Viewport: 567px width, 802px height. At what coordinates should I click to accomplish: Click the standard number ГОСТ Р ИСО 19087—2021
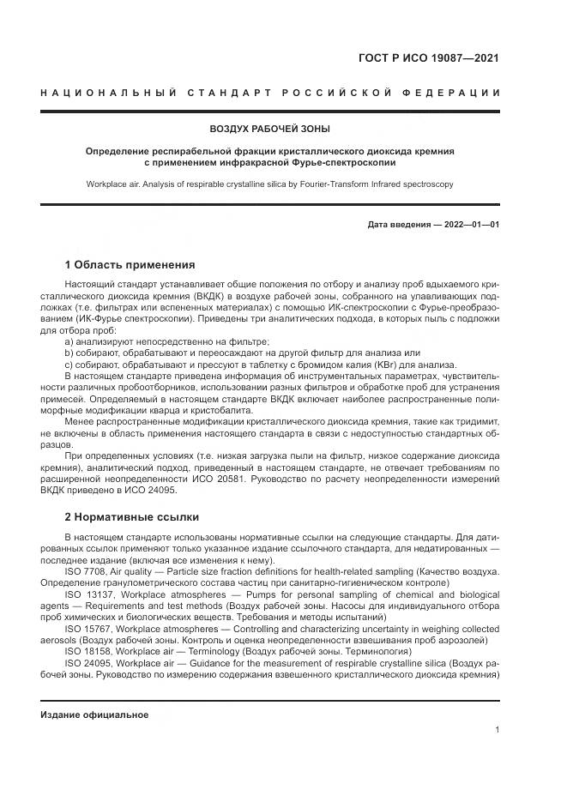pyautogui.click(x=428, y=59)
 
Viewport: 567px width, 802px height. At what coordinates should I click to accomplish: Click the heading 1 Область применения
pyautogui.click(x=130, y=265)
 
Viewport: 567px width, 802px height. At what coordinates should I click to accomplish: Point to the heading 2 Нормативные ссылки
pyautogui.click(x=132, y=517)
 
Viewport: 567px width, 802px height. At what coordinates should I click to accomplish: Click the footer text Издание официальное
pyautogui.click(x=94, y=715)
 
